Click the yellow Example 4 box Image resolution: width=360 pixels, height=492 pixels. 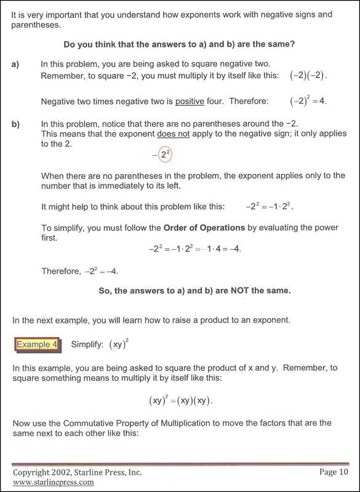37,344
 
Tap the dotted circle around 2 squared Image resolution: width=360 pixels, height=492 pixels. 164,155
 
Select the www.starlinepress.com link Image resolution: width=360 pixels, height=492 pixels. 54,482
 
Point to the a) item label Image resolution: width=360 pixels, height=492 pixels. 15,63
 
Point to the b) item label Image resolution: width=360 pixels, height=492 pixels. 15,124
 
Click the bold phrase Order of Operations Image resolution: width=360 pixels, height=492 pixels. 204,228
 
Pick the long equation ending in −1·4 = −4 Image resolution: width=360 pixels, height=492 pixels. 194,249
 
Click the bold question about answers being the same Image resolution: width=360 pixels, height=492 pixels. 179,44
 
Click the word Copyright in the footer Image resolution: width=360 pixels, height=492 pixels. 33,472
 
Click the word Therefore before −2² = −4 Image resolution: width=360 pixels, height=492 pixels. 60,271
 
